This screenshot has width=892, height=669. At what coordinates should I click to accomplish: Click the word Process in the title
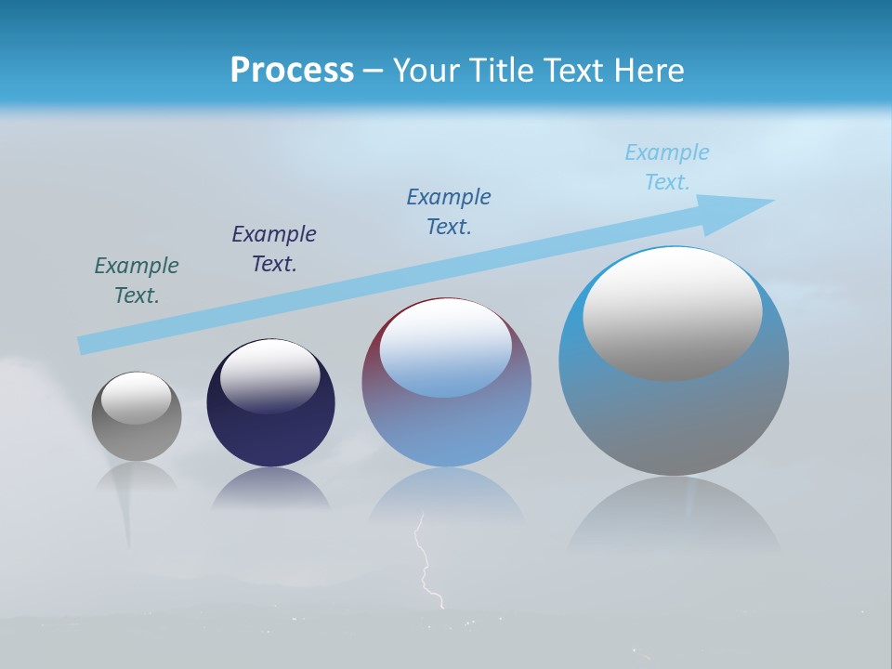pyautogui.click(x=292, y=71)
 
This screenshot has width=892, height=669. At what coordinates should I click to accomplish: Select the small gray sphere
pyautogui.click(x=137, y=437)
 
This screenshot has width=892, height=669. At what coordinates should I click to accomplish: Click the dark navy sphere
pyautogui.click(x=270, y=432)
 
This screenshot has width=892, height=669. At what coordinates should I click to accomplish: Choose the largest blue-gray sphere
pyautogui.click(x=674, y=418)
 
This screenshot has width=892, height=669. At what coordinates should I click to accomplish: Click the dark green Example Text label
pyautogui.click(x=137, y=281)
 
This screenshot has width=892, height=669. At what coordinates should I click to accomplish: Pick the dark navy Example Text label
pyautogui.click(x=274, y=249)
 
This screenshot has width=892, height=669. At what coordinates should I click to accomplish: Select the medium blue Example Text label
pyautogui.click(x=449, y=212)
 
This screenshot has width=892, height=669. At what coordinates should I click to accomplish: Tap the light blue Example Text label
pyautogui.click(x=667, y=167)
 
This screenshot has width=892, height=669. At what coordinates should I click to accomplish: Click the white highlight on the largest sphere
pyautogui.click(x=673, y=314)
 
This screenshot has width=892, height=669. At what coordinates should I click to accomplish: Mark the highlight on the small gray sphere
pyautogui.click(x=137, y=398)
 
